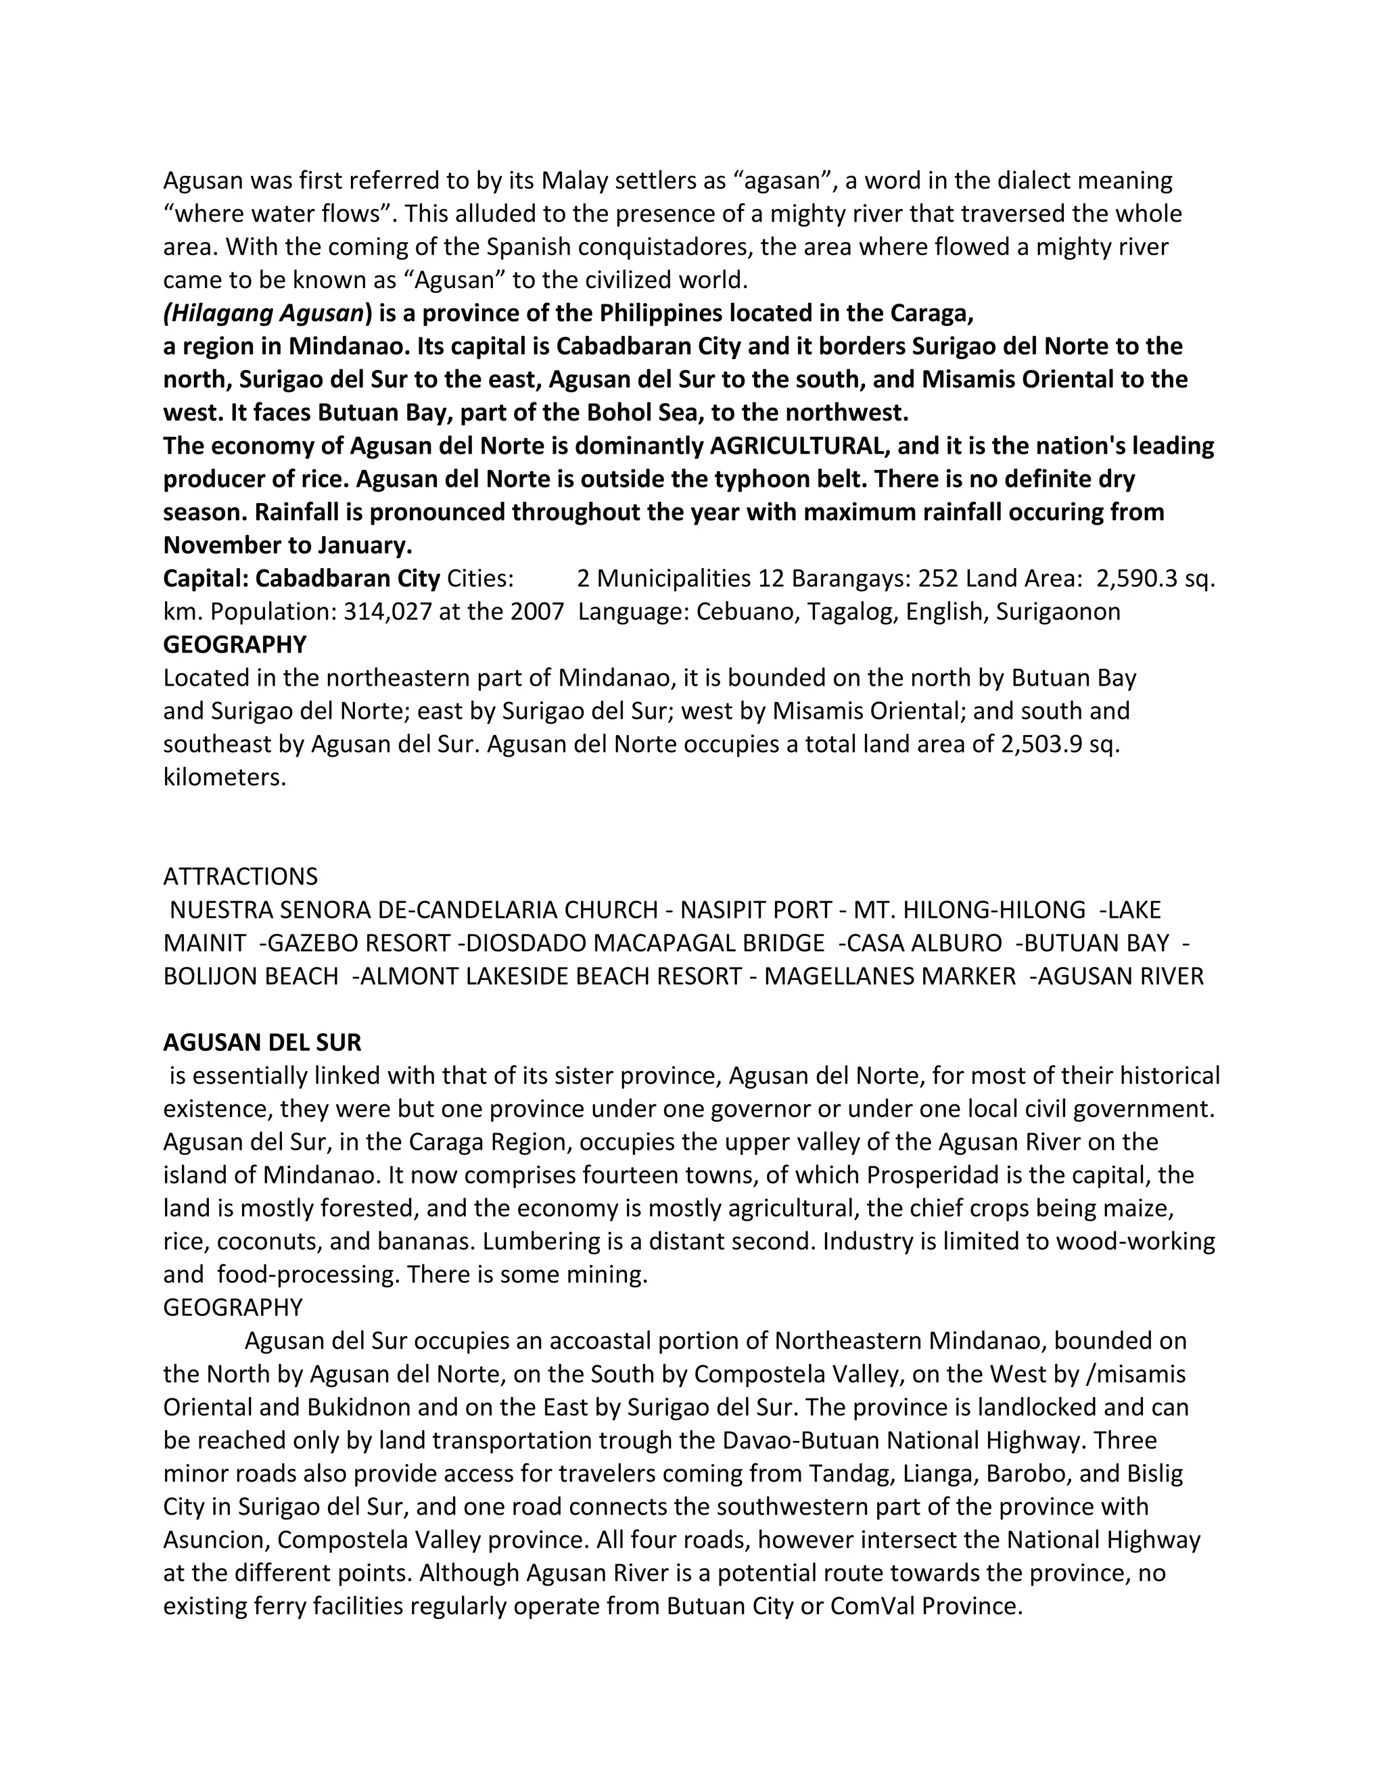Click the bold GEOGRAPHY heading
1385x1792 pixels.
[x=235, y=645]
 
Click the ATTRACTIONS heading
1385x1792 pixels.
[x=240, y=876]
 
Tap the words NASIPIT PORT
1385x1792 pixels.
[x=755, y=910]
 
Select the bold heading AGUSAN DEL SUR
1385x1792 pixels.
[x=262, y=1043]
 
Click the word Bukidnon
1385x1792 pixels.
[x=358, y=1407]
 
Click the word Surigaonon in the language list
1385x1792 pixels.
[x=1058, y=612]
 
